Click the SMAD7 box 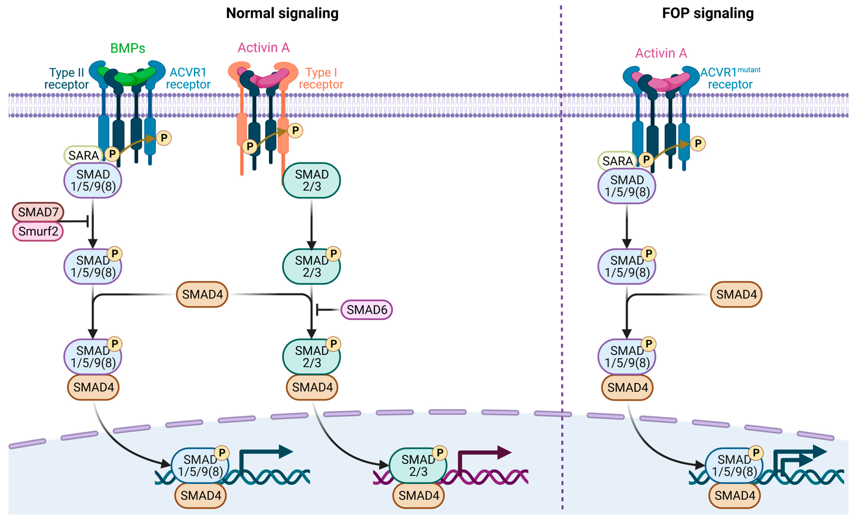coord(38,212)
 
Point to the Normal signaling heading coord(282,13)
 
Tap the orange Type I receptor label coord(321,79)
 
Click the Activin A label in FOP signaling coord(661,53)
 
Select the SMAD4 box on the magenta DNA coord(419,495)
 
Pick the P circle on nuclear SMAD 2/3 coord(440,453)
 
